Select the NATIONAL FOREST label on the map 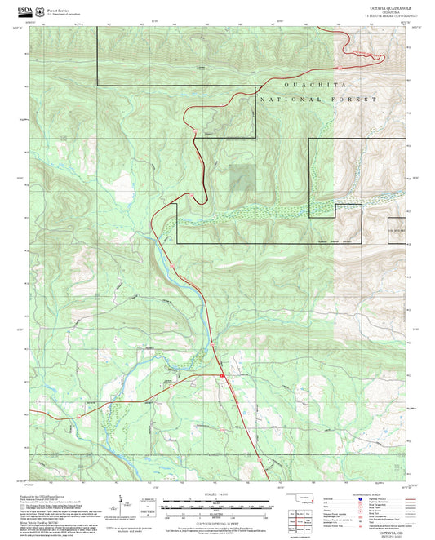(318, 98)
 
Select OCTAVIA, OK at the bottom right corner (384, 531)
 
